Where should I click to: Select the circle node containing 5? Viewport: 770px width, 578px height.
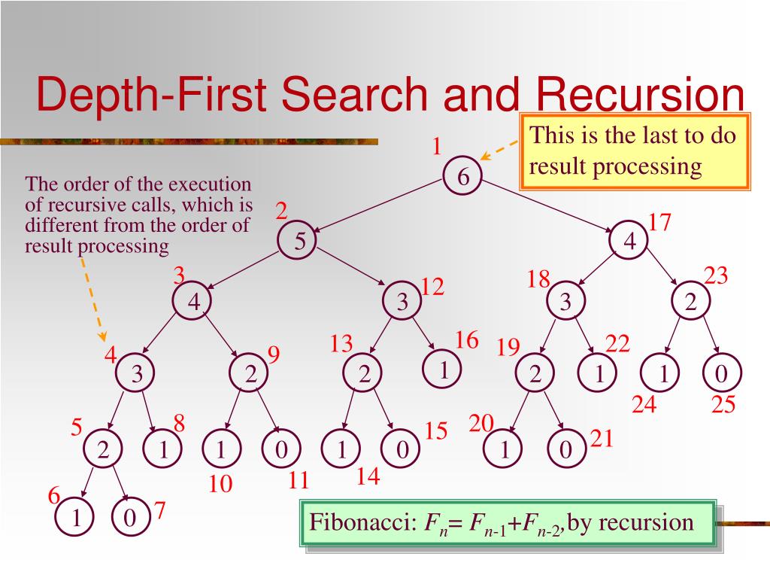(299, 241)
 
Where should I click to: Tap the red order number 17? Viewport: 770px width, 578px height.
(659, 223)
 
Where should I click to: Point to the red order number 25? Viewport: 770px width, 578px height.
(723, 406)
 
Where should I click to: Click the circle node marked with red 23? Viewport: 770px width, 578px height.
(690, 302)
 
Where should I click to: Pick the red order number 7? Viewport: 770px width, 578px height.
(159, 511)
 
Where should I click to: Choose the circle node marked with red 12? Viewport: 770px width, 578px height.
(402, 302)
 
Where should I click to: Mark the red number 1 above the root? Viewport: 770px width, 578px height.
(435, 146)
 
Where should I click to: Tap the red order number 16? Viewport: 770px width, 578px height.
(466, 340)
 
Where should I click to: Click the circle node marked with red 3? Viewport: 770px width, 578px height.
(193, 302)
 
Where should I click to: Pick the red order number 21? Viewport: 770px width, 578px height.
(602, 439)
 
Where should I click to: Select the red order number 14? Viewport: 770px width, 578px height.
(368, 477)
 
